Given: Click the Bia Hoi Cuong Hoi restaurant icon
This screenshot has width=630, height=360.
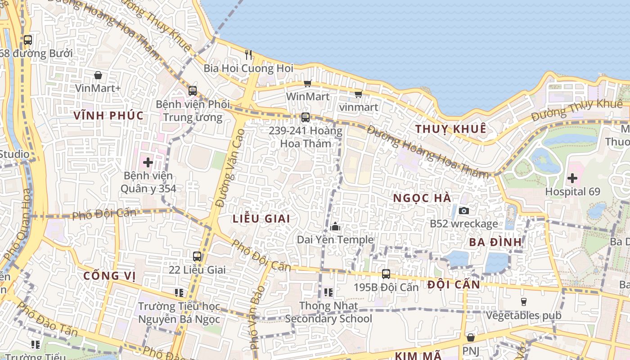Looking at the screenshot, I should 248,55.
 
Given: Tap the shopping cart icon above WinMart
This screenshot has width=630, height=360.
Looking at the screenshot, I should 308,83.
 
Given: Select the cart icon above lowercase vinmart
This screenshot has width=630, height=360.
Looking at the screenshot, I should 358,94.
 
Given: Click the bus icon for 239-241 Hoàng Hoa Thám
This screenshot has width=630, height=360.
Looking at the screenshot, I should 306,117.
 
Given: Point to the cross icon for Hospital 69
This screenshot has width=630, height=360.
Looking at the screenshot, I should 572,178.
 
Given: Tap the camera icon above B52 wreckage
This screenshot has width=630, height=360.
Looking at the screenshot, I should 463,211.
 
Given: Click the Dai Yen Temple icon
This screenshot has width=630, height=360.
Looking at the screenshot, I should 335,227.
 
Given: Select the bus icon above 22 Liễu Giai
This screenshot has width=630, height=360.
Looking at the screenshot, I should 197,256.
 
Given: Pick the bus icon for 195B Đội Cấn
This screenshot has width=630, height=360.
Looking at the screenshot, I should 386,274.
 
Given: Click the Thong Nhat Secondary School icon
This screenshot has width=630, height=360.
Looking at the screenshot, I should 328,292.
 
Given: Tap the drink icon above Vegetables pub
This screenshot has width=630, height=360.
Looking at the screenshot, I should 523,301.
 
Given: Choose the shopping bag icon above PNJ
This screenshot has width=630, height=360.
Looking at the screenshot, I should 471,337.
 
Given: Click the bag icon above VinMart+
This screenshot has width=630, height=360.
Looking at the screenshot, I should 98,75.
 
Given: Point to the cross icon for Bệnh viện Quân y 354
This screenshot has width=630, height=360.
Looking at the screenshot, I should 148,162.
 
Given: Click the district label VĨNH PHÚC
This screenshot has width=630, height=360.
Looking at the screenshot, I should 108,116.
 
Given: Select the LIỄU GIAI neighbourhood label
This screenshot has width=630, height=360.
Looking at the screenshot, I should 261,219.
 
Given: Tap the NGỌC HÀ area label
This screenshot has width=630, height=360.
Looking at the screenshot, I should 422,198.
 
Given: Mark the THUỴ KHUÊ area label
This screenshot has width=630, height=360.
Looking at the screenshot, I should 450,129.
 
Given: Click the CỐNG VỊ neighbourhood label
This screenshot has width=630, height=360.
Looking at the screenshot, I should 109,276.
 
